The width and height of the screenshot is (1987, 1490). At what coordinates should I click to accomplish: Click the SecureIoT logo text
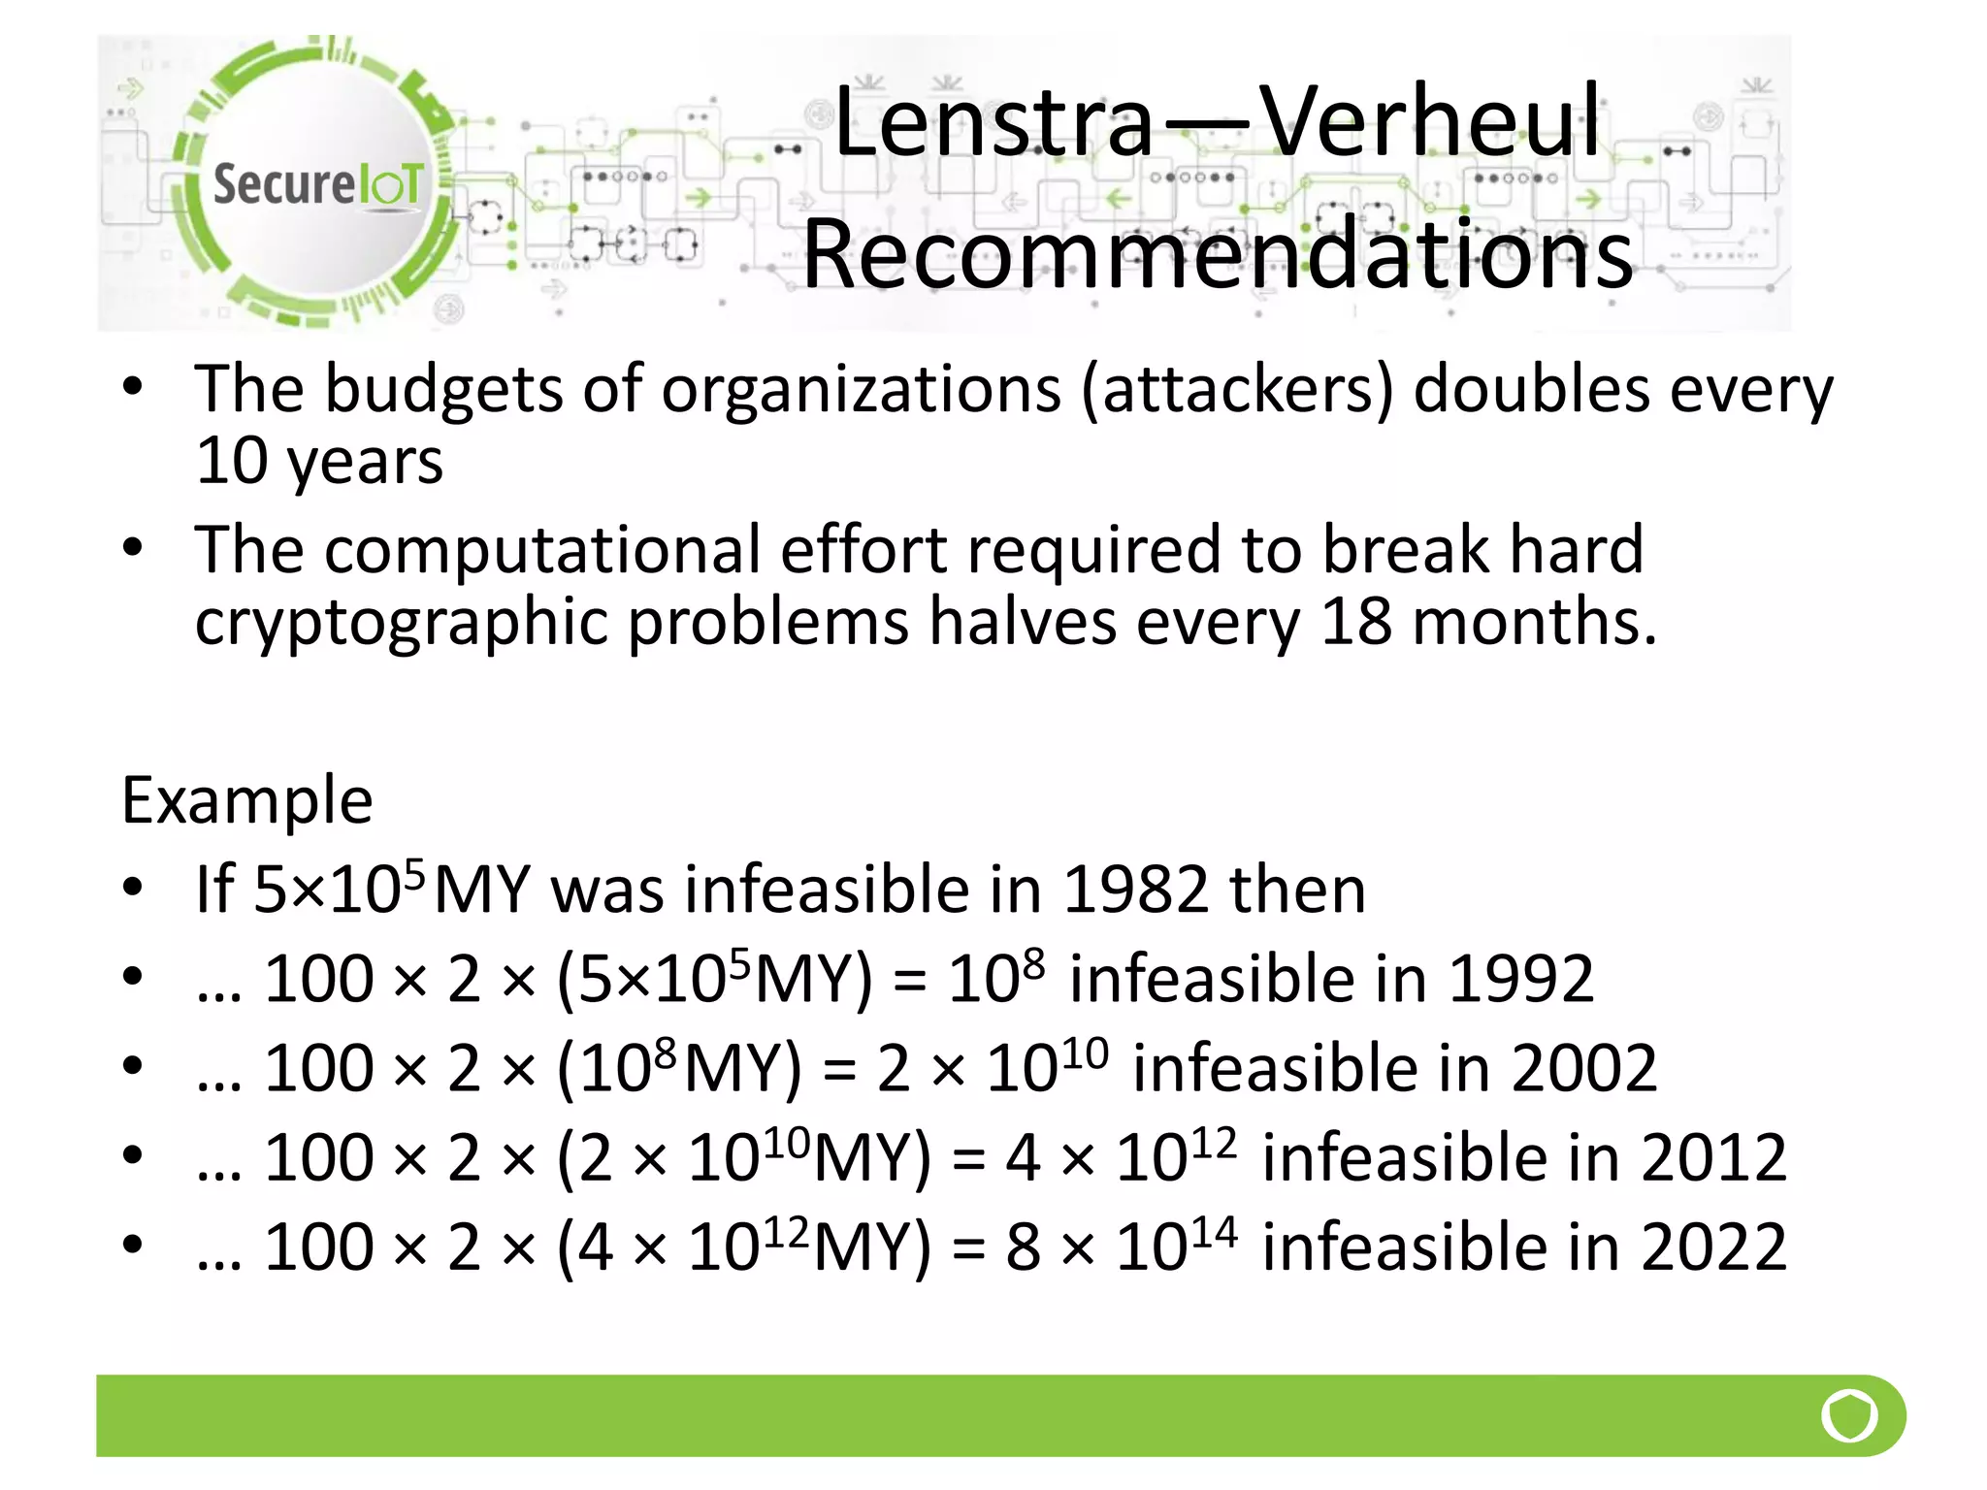tap(318, 184)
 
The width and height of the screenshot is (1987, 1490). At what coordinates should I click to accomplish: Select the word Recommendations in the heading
tap(1218, 254)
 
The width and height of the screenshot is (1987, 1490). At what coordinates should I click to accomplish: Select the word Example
tap(246, 801)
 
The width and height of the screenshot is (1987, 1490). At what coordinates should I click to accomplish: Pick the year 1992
tap(1520, 979)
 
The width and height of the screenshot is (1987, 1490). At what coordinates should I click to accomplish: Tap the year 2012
tap(1712, 1157)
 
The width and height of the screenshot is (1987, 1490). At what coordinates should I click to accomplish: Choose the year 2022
tap(1712, 1247)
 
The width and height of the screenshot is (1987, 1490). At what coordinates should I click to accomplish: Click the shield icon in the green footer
tap(1849, 1415)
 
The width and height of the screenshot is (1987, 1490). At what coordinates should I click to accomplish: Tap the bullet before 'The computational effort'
tap(133, 549)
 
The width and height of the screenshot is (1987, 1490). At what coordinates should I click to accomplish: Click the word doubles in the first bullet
tap(1530, 390)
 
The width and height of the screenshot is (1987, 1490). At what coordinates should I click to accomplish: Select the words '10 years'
tap(318, 461)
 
